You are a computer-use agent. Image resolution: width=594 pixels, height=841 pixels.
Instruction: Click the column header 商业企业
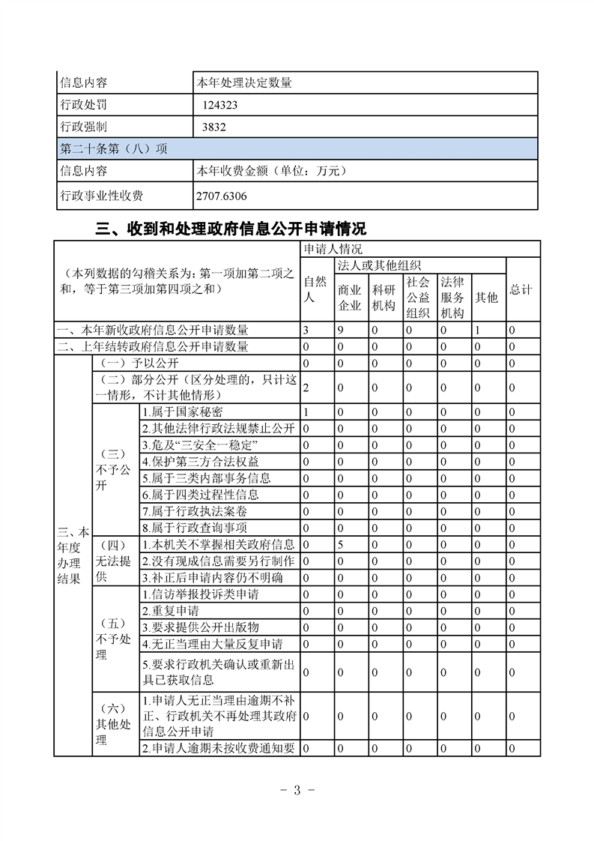(350, 297)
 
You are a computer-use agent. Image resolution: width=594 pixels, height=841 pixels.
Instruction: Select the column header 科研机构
(384, 297)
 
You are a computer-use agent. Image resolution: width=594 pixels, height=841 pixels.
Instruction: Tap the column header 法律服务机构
(452, 297)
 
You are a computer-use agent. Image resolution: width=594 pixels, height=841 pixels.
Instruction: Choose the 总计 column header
(521, 289)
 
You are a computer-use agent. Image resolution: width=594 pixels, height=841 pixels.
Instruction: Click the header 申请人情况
(333, 249)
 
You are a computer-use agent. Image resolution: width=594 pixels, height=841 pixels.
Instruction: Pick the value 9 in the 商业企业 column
(340, 330)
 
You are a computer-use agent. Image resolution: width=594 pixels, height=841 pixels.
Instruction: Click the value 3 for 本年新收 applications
(306, 330)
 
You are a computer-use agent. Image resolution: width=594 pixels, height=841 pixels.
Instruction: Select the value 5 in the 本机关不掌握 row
(340, 545)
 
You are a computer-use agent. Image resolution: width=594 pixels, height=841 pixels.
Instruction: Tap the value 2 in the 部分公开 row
(306, 388)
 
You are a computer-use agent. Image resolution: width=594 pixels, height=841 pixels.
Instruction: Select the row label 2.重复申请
(171, 611)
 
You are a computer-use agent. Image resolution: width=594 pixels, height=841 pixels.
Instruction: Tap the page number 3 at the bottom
(297, 791)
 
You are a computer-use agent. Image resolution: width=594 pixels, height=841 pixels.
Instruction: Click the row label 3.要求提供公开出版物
(201, 627)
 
